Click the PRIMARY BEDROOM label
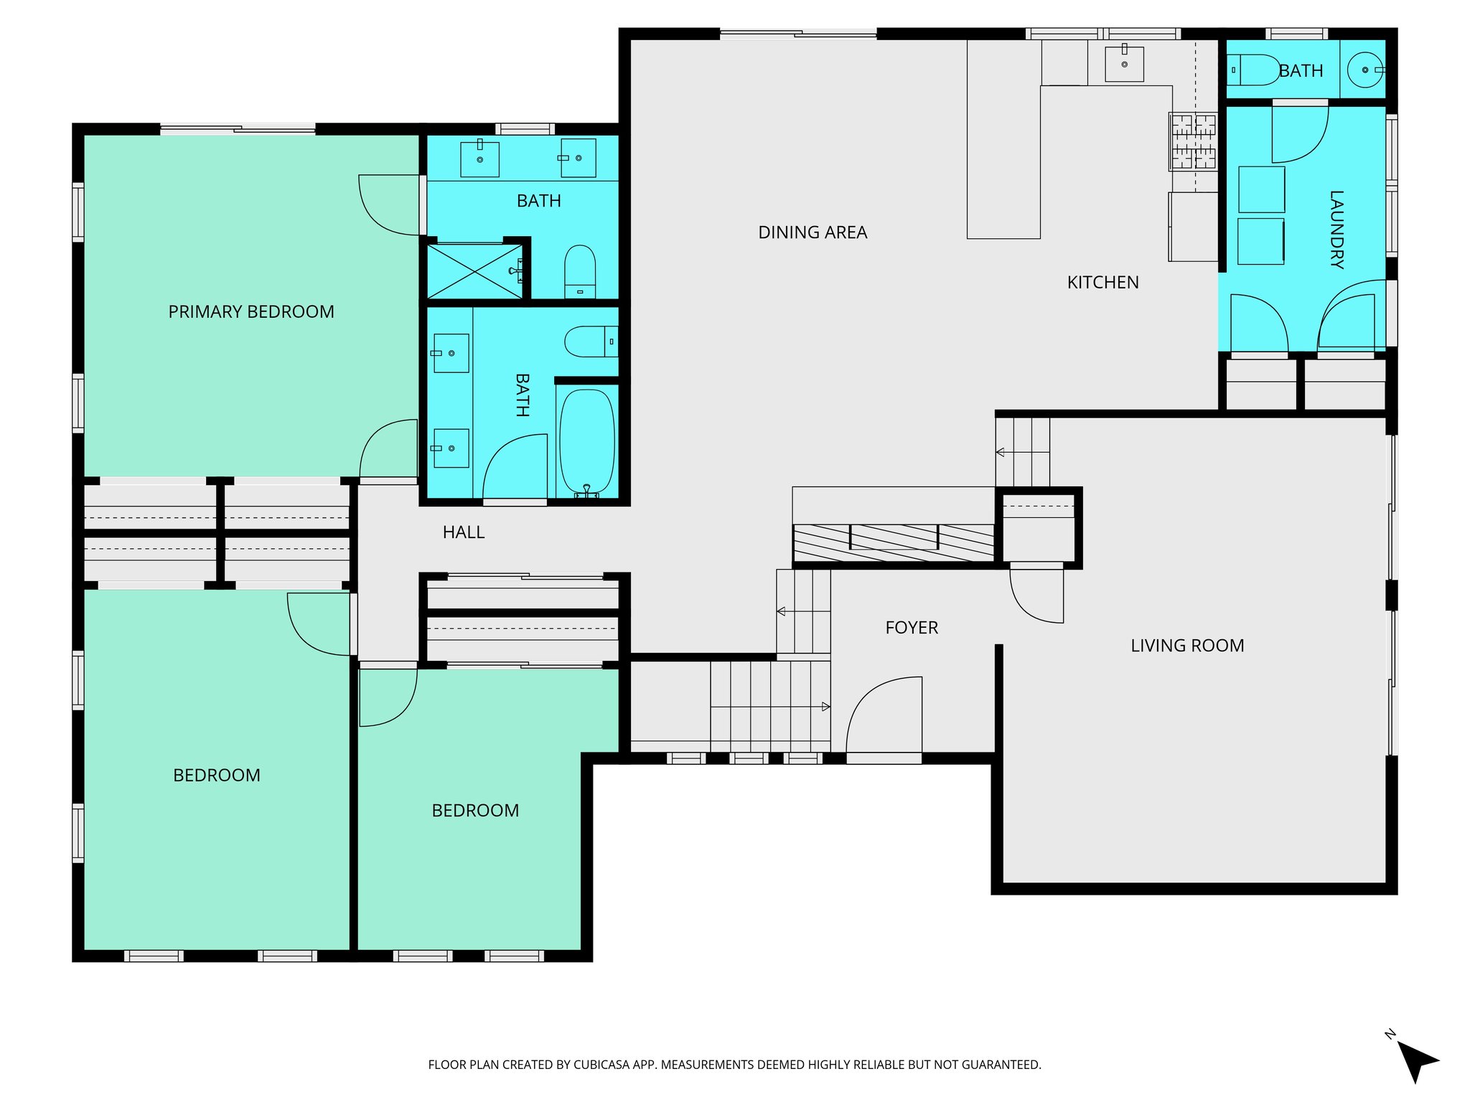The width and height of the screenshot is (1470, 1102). tap(251, 312)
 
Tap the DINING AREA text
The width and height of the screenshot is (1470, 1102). tap(813, 232)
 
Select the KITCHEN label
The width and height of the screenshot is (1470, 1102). tap(1102, 283)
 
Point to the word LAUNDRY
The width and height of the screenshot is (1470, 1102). tap(1336, 230)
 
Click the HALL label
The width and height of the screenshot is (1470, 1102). tap(463, 532)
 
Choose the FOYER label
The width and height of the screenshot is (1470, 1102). tap(912, 628)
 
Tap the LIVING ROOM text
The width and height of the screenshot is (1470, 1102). tap(1187, 646)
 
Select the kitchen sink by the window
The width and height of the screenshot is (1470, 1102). tap(1124, 63)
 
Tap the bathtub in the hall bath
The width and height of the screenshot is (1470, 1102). tap(587, 441)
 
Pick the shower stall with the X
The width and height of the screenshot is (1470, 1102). tap(474, 271)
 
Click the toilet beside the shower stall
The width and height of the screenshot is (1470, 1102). tap(580, 271)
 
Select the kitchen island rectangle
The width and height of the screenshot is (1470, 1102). tap(1003, 161)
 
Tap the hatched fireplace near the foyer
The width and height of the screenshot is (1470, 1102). tap(893, 542)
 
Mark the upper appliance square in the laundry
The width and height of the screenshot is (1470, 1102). tap(1261, 189)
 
